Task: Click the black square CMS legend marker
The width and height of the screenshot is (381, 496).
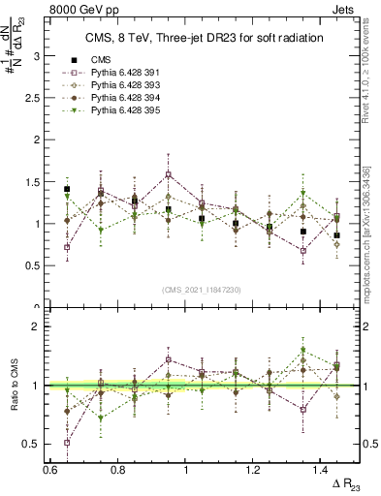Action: tap(69, 59)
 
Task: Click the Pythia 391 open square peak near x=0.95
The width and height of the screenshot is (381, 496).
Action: tap(169, 175)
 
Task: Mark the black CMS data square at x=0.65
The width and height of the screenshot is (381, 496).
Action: tap(67, 190)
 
